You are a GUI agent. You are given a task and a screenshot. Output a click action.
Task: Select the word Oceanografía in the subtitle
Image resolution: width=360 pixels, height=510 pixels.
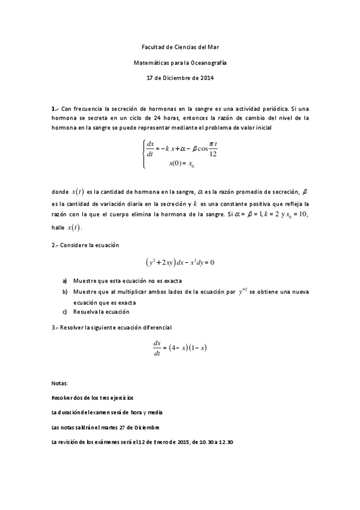(209, 62)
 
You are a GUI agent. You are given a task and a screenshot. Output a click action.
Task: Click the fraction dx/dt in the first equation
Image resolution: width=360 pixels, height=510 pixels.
(150, 149)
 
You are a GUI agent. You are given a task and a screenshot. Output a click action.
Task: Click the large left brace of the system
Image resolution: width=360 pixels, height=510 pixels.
(142, 155)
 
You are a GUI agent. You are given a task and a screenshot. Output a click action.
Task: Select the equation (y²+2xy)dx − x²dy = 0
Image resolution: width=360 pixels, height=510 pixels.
(180, 262)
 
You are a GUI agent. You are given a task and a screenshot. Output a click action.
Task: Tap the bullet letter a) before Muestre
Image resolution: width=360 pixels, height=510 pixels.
(65, 281)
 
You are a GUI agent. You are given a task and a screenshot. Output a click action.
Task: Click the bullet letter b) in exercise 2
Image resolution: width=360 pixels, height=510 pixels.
(65, 292)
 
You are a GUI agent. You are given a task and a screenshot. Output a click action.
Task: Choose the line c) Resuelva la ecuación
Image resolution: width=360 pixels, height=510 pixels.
(96, 312)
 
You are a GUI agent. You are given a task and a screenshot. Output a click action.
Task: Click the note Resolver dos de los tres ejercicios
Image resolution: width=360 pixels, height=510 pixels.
(93, 398)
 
